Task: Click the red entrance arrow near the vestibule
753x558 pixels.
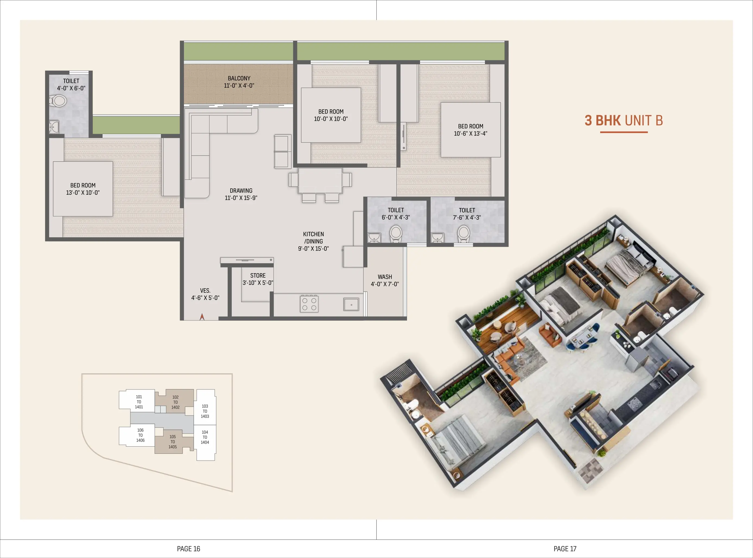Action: pyautogui.click(x=202, y=317)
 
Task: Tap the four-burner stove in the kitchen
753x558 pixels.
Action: pyautogui.click(x=309, y=304)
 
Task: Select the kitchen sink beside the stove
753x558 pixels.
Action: pyautogui.click(x=351, y=304)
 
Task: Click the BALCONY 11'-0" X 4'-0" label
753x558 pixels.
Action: pyautogui.click(x=239, y=82)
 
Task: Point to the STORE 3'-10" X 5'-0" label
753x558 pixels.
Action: pyautogui.click(x=258, y=279)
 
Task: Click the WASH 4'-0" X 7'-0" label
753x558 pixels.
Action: pyautogui.click(x=385, y=280)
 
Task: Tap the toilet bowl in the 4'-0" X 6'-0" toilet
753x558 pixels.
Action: pyautogui.click(x=59, y=101)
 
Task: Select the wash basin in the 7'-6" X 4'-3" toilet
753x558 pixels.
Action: pyautogui.click(x=437, y=237)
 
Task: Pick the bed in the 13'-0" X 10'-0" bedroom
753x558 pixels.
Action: pyautogui.click(x=83, y=188)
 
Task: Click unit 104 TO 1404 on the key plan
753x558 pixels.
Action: pyautogui.click(x=205, y=437)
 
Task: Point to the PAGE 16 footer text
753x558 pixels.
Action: pyautogui.click(x=188, y=548)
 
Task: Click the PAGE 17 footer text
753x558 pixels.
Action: pyautogui.click(x=565, y=548)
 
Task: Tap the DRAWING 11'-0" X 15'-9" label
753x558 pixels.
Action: pyautogui.click(x=241, y=194)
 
